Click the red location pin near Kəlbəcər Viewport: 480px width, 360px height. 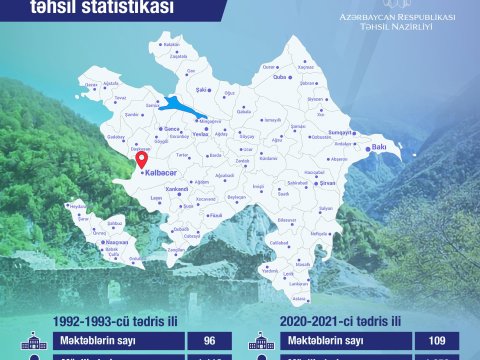tap(141, 157)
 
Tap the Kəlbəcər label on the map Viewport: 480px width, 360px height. tap(159, 172)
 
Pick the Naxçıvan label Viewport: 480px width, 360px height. tap(117, 243)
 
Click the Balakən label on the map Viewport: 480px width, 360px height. tap(171, 45)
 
